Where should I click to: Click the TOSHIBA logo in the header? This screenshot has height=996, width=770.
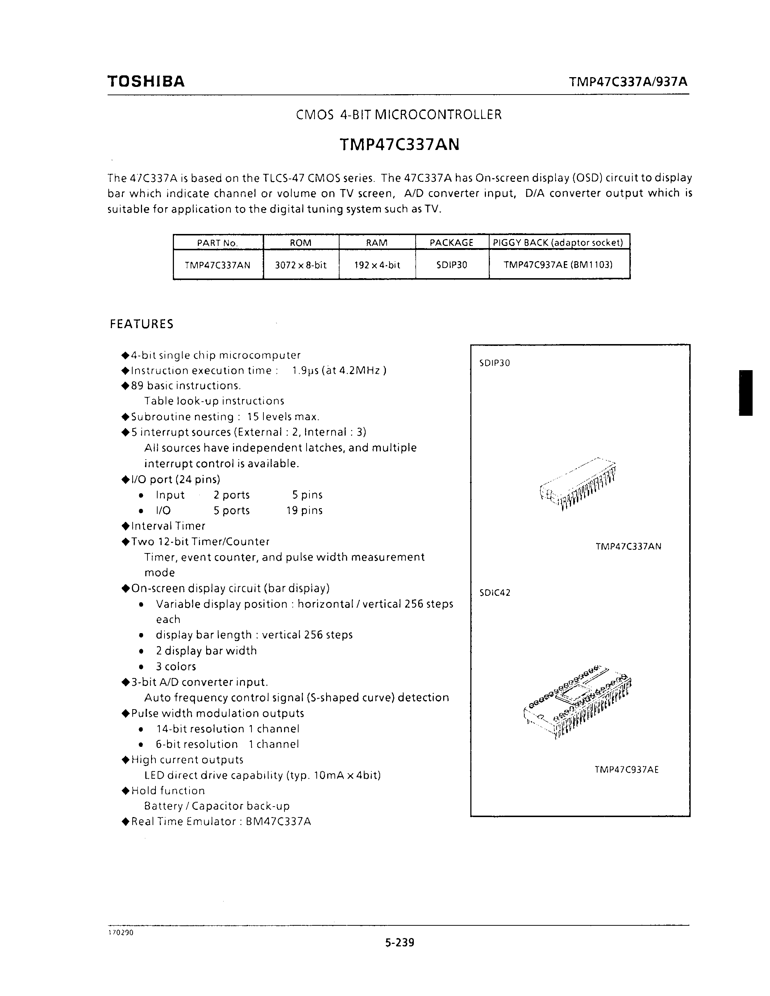point(146,81)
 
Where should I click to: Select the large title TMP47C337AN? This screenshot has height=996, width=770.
point(399,144)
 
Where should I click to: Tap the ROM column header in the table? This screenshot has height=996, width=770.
point(301,243)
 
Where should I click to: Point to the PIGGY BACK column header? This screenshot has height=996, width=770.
point(558,243)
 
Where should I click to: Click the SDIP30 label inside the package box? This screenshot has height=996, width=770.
point(495,363)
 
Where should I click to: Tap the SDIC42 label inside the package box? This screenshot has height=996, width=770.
point(495,593)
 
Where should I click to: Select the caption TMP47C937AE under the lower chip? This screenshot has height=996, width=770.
point(626,770)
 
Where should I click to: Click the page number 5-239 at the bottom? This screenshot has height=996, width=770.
point(399,942)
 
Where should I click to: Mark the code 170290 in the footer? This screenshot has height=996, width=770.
point(120,933)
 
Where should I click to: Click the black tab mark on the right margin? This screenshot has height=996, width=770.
point(745,393)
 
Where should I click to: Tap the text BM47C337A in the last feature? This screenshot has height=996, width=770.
point(278,822)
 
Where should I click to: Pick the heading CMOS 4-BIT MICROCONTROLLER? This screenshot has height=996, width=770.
point(399,114)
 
